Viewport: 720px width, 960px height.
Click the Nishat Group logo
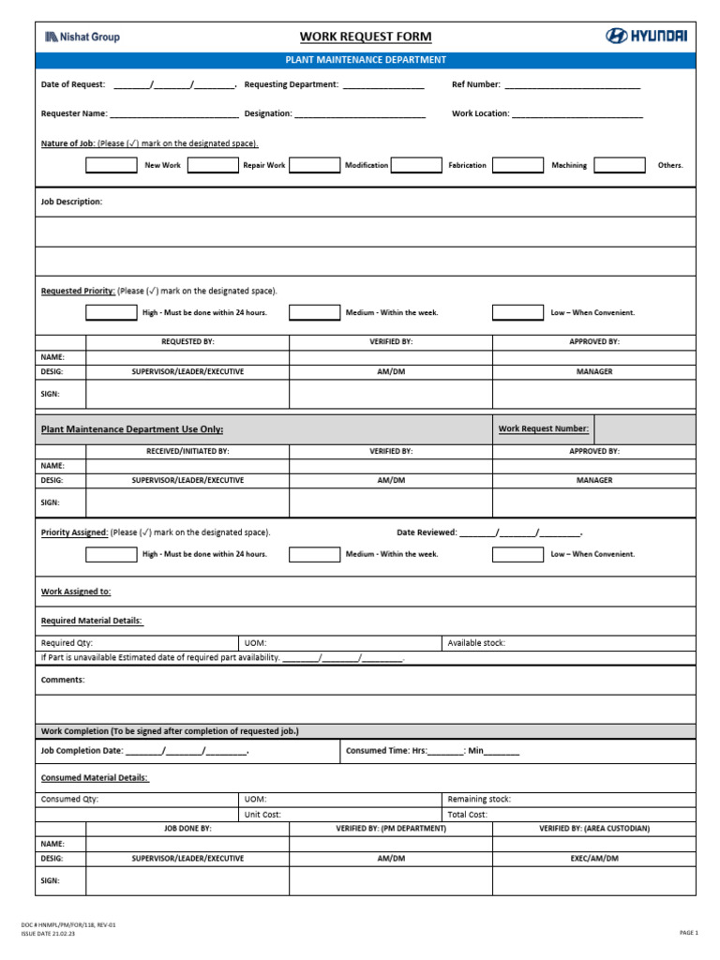pyautogui.click(x=82, y=37)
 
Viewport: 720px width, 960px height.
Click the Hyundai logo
pyautogui.click(x=646, y=36)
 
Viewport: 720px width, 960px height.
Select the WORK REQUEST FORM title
pyautogui.click(x=366, y=37)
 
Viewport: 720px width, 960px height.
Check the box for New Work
pyautogui.click(x=111, y=165)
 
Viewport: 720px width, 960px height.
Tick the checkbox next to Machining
pyautogui.click(x=517, y=165)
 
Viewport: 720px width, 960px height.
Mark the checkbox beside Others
pyautogui.click(x=620, y=165)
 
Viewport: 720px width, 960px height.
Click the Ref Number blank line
pyautogui.click(x=572, y=85)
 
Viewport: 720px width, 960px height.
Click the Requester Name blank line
pyautogui.click(x=173, y=114)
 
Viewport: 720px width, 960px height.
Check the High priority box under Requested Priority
pyautogui.click(x=111, y=312)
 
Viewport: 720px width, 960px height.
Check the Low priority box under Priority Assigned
pyautogui.click(x=517, y=554)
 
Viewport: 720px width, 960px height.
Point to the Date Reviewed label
pyautogui.click(x=427, y=532)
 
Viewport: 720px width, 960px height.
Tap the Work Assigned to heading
pyautogui.click(x=76, y=592)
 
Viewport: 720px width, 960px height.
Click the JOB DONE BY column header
pyautogui.click(x=187, y=829)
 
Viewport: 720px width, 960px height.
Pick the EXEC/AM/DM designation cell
pyautogui.click(x=593, y=858)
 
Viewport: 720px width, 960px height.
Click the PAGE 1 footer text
pyautogui.click(x=688, y=933)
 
